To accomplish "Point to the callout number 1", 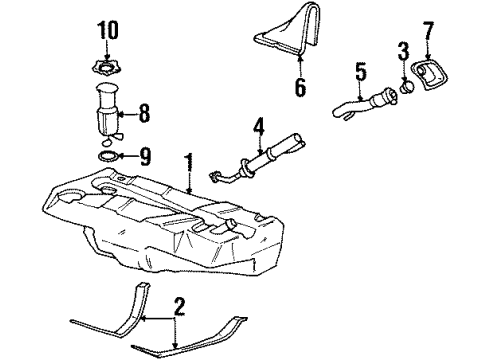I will click(x=187, y=160).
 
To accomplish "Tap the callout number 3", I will click(x=403, y=49).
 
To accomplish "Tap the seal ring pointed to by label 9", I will click(x=107, y=156).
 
